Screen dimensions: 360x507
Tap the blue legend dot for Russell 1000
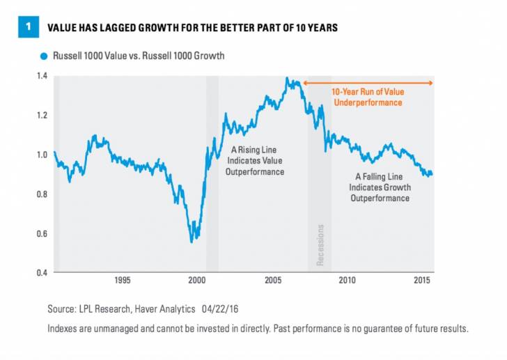tap(44, 56)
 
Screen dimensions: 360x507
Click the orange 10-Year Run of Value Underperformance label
tap(367, 97)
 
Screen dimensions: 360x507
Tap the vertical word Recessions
tap(320, 244)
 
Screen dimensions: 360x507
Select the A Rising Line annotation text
tap(257, 160)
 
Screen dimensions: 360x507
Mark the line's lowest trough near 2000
tap(192, 242)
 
